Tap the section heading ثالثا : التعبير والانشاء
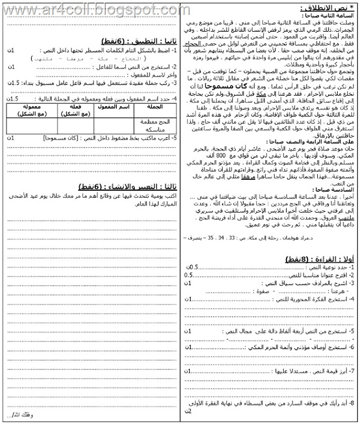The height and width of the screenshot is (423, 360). pyautogui.click(x=127, y=187)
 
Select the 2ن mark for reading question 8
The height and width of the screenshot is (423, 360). pyautogui.click(x=188, y=411)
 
